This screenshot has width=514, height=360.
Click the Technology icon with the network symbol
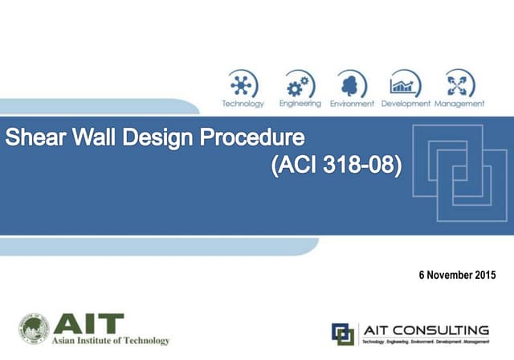pyautogui.click(x=242, y=84)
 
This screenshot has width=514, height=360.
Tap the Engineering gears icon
pyautogui.click(x=300, y=84)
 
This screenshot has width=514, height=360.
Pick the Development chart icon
pyautogui.click(x=406, y=84)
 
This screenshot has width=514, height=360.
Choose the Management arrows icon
pyautogui.click(x=459, y=84)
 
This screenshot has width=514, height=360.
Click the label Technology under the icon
pyautogui.click(x=243, y=104)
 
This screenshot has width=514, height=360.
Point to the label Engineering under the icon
pyautogui.click(x=300, y=104)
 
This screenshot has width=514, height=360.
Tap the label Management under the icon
pyautogui.click(x=459, y=104)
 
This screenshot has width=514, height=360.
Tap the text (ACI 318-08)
pyautogui.click(x=337, y=167)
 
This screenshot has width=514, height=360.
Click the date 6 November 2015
pyautogui.click(x=457, y=275)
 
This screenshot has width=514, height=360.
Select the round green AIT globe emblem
pyautogui.click(x=34, y=329)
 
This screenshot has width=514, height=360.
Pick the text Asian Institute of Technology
pyautogui.click(x=111, y=341)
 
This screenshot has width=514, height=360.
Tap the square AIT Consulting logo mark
pyautogui.click(x=343, y=333)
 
